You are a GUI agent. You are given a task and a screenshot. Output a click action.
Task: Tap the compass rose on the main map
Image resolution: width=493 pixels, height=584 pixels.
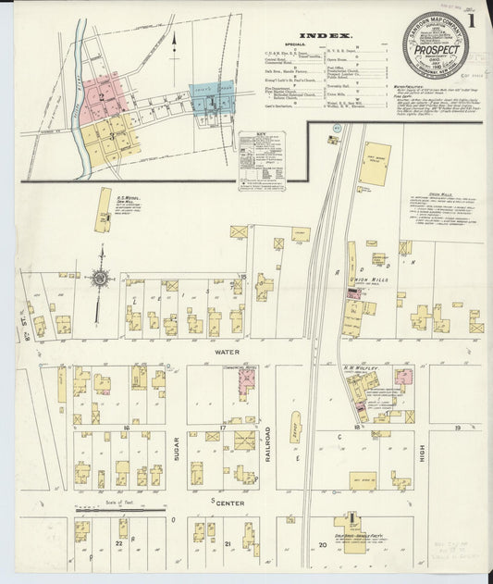[x=99, y=276]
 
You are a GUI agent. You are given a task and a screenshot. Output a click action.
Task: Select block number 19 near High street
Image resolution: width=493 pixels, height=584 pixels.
[x=458, y=428]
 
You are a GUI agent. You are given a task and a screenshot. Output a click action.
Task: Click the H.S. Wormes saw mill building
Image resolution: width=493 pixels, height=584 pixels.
[x=102, y=210]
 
